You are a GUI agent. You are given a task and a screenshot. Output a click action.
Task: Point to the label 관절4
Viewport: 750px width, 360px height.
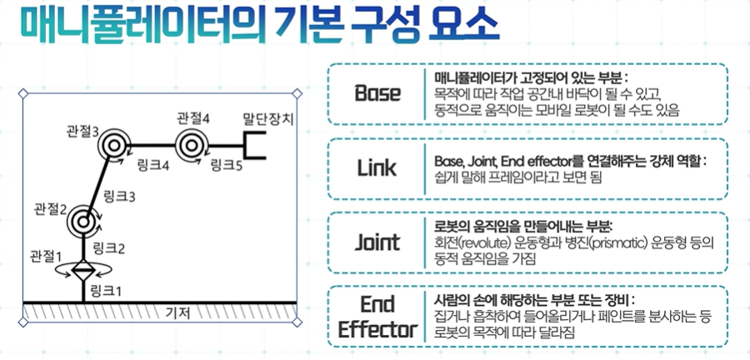192,117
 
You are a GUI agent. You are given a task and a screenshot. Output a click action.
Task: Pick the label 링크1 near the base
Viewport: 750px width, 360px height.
106,291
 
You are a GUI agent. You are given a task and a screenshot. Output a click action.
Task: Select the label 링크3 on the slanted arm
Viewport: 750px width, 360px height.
120,197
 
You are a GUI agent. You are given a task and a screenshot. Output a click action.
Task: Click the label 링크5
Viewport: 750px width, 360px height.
226,166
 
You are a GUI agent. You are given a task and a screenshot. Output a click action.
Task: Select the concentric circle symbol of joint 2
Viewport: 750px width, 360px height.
83,222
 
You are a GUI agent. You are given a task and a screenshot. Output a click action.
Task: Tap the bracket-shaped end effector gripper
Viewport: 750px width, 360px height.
253,145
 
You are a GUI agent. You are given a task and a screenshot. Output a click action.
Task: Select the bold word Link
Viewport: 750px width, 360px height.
377,167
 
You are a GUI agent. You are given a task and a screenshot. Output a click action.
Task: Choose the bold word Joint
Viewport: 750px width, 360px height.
377,242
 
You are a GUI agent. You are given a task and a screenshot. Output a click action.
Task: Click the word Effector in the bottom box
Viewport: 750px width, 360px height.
377,329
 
